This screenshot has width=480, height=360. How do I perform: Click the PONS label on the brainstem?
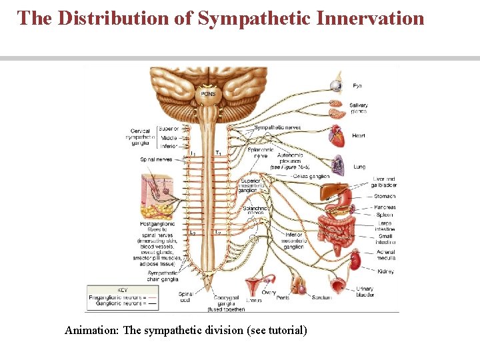point(208,94)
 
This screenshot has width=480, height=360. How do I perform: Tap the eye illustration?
point(335,85)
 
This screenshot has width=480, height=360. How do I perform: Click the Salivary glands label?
point(358,108)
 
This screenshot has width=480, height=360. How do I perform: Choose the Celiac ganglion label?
point(311,176)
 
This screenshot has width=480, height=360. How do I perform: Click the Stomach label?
point(385,197)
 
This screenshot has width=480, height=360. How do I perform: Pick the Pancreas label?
point(385,207)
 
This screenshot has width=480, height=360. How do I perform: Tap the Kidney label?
point(385,271)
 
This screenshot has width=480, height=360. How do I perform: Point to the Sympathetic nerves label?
point(277,127)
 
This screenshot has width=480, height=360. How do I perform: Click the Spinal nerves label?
point(156,159)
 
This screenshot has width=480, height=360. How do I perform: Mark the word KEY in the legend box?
point(122,290)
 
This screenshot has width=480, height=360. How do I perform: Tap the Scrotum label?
point(322,297)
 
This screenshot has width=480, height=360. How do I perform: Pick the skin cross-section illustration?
point(159,197)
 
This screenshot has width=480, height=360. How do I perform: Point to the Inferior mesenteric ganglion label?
point(293,241)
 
